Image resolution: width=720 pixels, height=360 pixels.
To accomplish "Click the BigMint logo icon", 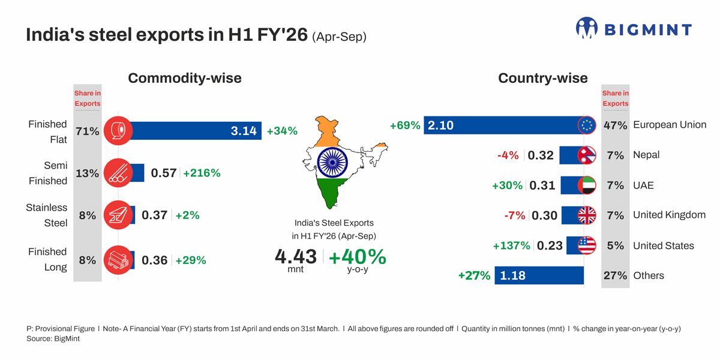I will (x=587, y=28).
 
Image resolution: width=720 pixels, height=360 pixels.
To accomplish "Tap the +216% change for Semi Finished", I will (x=202, y=173).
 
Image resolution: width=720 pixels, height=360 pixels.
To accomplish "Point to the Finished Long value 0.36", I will (x=154, y=260).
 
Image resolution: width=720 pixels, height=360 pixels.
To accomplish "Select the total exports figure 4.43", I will (x=296, y=257).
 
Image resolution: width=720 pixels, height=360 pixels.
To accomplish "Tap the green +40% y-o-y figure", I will (x=358, y=257).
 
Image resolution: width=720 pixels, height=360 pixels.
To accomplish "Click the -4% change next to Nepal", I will (x=508, y=155).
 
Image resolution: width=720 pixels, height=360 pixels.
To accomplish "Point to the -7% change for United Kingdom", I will (x=515, y=215).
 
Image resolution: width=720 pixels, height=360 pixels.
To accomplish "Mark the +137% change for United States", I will (x=511, y=245).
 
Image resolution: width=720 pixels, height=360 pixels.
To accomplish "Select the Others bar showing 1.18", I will (x=539, y=275).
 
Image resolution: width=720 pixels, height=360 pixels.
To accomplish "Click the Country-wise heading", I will (x=543, y=78).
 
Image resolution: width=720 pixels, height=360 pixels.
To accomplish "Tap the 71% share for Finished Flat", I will (x=88, y=131).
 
